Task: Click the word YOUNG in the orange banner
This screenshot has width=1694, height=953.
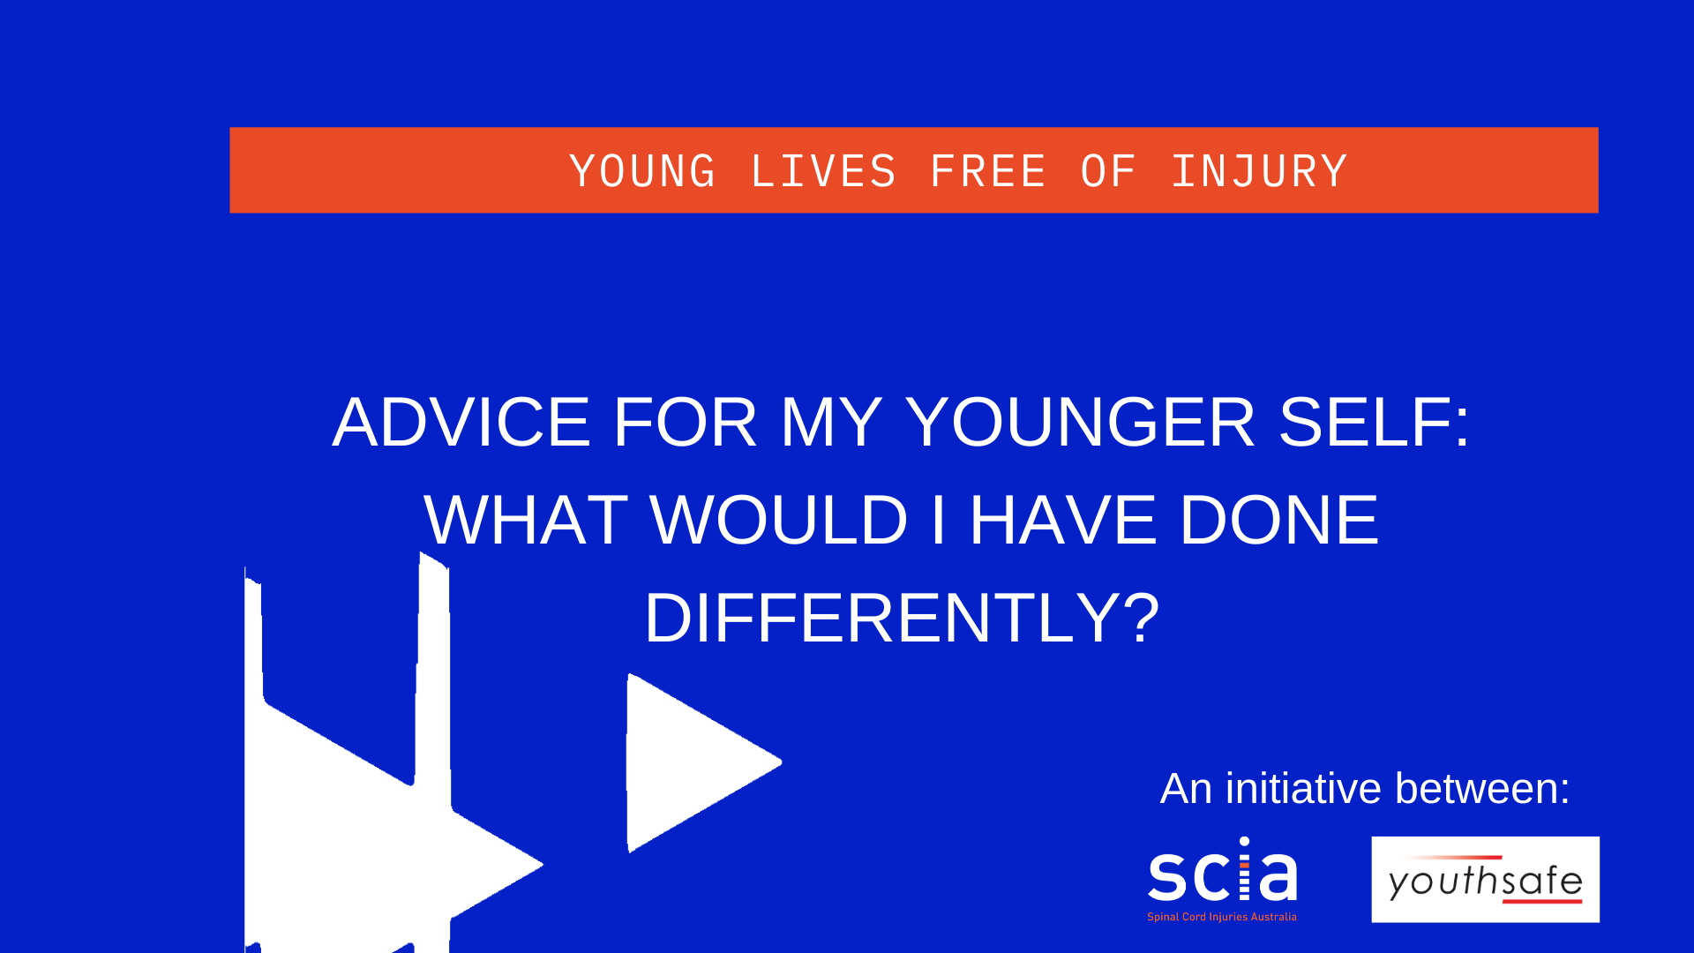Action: click(642, 171)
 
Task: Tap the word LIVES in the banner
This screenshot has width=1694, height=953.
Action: click(823, 171)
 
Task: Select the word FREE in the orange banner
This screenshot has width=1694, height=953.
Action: click(988, 171)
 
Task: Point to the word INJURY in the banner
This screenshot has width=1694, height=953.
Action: click(1260, 171)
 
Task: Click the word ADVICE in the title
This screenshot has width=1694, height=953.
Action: click(461, 422)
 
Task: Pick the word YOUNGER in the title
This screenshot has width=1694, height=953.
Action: click(1080, 422)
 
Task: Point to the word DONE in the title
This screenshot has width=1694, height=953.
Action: click(1279, 520)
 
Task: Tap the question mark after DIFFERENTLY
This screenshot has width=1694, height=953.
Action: click(1142, 617)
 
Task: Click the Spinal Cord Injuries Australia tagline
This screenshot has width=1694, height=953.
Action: click(1222, 917)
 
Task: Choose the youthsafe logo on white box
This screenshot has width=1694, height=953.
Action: click(1486, 880)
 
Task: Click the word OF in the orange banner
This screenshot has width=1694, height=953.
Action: click(1108, 171)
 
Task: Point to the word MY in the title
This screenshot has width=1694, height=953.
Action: click(831, 422)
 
